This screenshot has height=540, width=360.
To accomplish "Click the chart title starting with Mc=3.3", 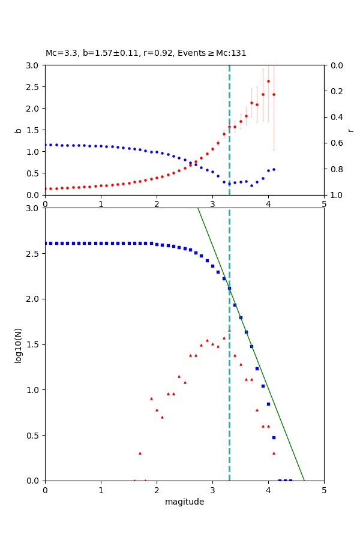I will [x=146, y=53].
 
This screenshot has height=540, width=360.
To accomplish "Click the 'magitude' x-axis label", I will [x=184, y=502].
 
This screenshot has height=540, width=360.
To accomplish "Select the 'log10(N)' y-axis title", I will [x=18, y=344].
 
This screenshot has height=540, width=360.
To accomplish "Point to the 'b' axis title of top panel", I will [x=18, y=130].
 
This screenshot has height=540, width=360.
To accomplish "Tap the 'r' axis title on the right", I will [x=350, y=130].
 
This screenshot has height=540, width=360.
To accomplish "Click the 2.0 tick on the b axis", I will [x=34, y=108].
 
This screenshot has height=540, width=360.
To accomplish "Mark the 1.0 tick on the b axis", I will [x=34, y=151].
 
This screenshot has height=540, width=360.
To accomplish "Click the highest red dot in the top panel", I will [x=268, y=81].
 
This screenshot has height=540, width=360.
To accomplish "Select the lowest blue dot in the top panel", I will [x=251, y=185].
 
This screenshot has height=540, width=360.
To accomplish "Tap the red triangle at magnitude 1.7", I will [x=140, y=453].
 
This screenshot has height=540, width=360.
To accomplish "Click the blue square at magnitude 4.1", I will [x=274, y=437].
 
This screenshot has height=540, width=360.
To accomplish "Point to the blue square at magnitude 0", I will [x=45, y=243].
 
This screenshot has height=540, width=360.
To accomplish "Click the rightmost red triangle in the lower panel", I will [x=274, y=453].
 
